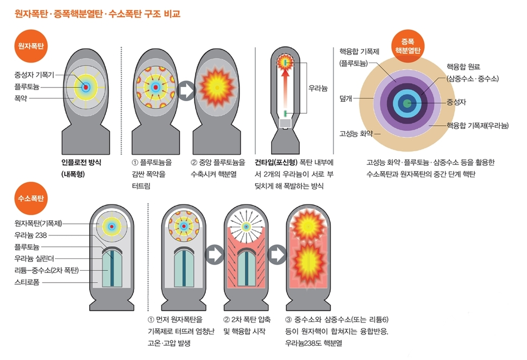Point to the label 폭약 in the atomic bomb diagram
(22, 98)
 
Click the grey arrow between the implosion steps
(186, 91)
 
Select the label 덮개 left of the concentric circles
(346, 98)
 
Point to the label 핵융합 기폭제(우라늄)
(478, 126)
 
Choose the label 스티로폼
(29, 282)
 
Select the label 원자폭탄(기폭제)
(38, 224)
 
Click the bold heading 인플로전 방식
(81, 162)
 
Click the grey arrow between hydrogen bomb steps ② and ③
(278, 253)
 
